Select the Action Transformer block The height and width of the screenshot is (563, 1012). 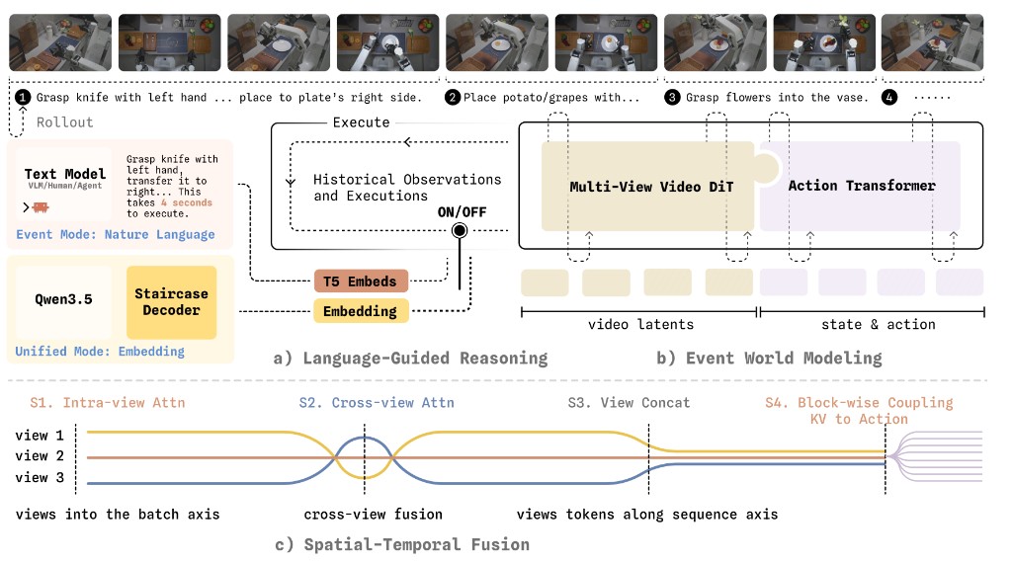coord(861,186)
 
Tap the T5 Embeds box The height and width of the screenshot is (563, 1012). coord(361,281)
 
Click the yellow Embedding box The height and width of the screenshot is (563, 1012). coord(361,311)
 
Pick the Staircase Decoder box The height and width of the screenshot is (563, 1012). coord(172,302)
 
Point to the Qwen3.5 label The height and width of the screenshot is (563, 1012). coord(63,299)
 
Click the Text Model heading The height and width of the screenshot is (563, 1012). coord(65,174)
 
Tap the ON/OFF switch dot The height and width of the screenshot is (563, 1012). coord(460,230)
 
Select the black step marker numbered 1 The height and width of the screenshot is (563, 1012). coord(23,98)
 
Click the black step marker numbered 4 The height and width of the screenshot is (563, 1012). coord(889,98)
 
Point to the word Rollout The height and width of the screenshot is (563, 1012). coord(64,121)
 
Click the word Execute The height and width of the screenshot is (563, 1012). coord(362,121)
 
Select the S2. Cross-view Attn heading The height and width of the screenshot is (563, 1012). coord(377,402)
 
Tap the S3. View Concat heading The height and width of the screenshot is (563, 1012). coord(629,402)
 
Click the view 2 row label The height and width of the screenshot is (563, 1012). coord(40,456)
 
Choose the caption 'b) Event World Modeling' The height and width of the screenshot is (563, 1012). coord(769,358)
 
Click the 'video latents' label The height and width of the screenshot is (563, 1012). coord(640,324)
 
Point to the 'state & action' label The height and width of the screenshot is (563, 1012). coord(879,324)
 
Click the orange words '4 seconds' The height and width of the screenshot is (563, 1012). coord(187,202)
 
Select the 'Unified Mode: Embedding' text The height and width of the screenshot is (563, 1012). coord(100,352)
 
